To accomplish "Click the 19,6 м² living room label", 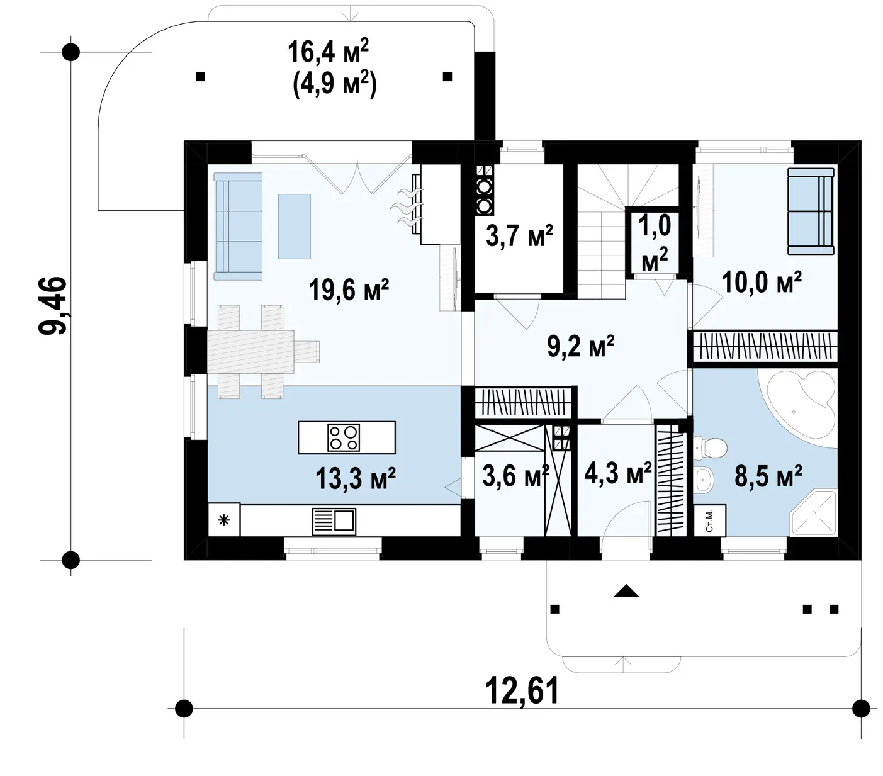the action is tap(348, 290).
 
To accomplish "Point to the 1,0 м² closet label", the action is tap(655, 244).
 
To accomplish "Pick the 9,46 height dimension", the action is tap(52, 306).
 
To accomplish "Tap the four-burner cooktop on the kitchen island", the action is tap(344, 437).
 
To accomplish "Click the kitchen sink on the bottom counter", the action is tap(334, 521).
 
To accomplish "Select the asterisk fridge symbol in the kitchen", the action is tap(223, 520).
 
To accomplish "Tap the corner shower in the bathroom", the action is tap(814, 512).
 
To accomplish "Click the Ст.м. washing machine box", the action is tap(709, 520).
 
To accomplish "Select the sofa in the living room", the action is tap(237, 227).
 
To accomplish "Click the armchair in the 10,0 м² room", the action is tap(810, 211).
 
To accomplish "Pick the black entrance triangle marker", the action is tap(626, 591).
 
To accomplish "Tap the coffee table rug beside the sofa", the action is tap(294, 227).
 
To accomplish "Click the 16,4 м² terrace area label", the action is tap(328, 51).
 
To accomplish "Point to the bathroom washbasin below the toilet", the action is tap(704, 480).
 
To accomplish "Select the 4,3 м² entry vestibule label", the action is tap(618, 473).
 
